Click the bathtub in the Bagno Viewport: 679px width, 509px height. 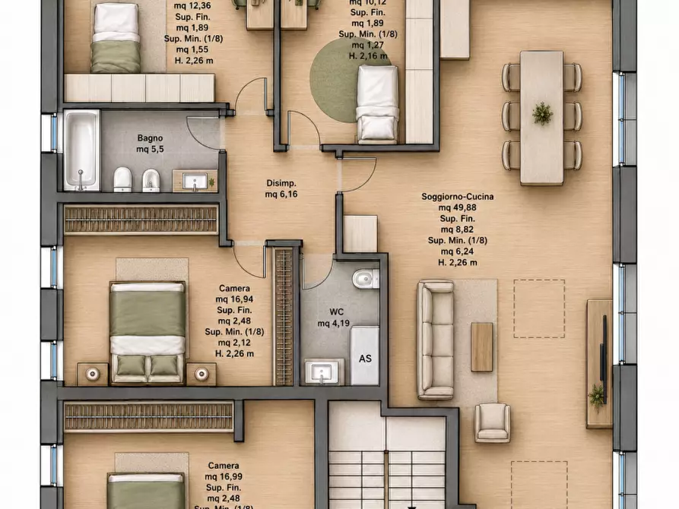81,150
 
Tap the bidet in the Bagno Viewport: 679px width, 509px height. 151,179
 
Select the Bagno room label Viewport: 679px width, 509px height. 150,138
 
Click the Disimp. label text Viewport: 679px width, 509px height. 281,183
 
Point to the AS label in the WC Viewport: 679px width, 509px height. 365,359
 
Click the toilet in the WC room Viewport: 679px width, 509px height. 366,279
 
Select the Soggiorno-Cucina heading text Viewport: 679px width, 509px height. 457,197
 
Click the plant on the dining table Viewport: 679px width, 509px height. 542,113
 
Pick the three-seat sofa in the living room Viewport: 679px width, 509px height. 435,340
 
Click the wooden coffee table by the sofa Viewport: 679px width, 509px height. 482,346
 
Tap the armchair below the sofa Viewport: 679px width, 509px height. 493,422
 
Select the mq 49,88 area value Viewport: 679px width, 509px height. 457,207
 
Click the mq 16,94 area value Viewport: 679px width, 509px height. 234,299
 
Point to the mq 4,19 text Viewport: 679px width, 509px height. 334,323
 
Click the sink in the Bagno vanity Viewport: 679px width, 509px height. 195,182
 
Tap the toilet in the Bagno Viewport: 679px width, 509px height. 122,179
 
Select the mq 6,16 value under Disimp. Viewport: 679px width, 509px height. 281,194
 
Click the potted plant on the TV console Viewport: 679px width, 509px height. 597,396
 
